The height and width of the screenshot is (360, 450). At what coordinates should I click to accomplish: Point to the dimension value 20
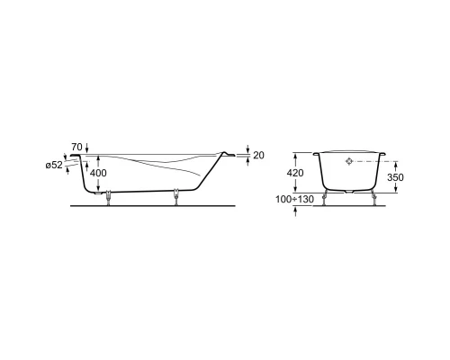click(x=258, y=155)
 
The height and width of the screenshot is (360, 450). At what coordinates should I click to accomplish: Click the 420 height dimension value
click(x=295, y=172)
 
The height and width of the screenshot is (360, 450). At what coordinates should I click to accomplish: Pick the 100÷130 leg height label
click(x=293, y=198)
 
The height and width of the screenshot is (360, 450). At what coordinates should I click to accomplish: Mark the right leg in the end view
click(x=373, y=197)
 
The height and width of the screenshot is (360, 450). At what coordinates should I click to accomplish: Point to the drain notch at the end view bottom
click(x=350, y=190)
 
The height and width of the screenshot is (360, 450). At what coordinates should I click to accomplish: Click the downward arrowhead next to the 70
click(x=87, y=149)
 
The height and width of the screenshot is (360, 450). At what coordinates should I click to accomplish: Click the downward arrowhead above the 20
click(x=248, y=150)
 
